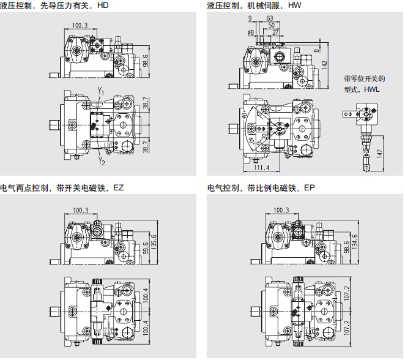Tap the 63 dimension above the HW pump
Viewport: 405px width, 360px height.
(270, 18)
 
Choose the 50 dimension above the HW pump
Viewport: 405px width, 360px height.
(272, 25)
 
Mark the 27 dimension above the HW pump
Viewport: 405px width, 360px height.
(276, 32)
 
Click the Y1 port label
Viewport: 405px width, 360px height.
(102, 92)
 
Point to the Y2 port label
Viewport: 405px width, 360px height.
(102, 163)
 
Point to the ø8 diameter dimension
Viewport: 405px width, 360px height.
(250, 32)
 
